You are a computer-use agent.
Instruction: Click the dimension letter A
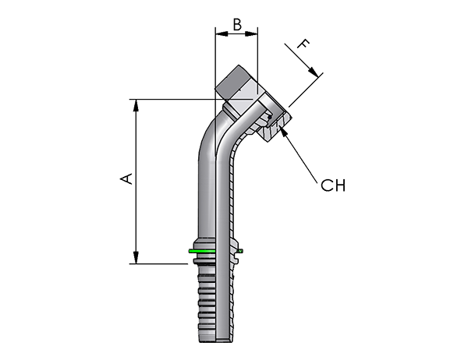(126, 178)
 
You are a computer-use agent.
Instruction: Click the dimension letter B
(237, 25)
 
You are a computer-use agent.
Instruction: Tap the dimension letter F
(303, 44)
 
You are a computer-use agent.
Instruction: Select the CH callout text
(333, 185)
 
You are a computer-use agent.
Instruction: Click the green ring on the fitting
(202, 251)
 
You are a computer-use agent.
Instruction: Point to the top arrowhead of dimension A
(136, 105)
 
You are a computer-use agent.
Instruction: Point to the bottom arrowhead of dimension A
(136, 257)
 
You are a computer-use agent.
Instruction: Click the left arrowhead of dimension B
(222, 34)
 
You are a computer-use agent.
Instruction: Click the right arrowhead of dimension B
(251, 34)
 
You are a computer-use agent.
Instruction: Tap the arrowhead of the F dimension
(313, 72)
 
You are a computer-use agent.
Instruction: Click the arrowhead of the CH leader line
(285, 132)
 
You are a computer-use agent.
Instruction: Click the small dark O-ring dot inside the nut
(270, 117)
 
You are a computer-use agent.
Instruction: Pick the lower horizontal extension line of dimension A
(158, 263)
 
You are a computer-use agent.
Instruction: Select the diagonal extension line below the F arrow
(306, 90)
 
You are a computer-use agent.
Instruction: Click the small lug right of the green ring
(239, 252)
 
